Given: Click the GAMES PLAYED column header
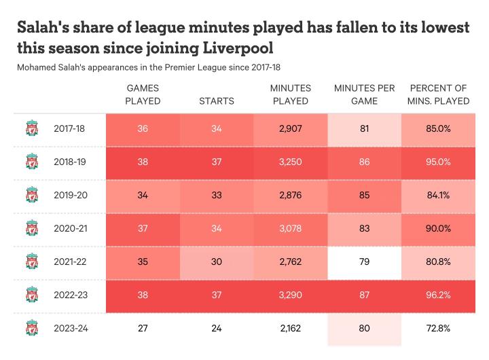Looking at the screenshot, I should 143,95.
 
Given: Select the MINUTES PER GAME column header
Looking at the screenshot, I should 365,95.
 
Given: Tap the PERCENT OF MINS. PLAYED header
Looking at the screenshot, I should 439,95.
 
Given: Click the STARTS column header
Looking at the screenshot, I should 217,101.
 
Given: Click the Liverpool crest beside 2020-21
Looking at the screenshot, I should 31,228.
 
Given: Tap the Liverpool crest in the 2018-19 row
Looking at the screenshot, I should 31,162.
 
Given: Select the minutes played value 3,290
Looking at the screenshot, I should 291,295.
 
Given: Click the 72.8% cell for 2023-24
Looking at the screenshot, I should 439,328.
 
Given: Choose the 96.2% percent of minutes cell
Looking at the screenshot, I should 439,295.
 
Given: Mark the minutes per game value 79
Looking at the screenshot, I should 365,262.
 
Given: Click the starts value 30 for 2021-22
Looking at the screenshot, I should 217,262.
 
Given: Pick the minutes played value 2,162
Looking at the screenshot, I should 291,328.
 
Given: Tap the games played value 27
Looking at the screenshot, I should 143,328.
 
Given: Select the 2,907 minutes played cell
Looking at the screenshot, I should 291,128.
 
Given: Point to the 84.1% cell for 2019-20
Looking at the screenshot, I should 439,195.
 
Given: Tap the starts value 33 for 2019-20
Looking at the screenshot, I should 217,195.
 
